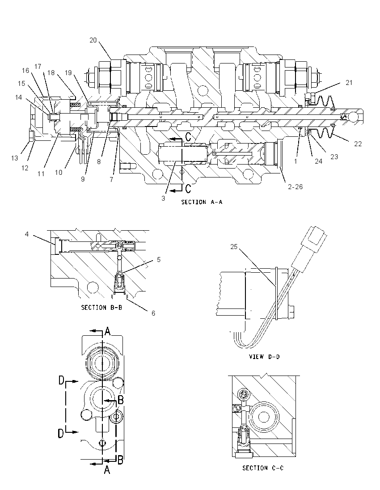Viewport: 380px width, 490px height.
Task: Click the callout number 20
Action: coord(93,40)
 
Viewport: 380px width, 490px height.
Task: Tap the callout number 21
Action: coord(349,83)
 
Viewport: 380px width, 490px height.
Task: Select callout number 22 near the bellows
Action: coord(358,144)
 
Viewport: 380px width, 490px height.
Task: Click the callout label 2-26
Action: coord(296,187)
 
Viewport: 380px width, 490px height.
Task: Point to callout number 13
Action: coord(15,158)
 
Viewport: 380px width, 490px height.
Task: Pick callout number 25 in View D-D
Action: coord(234,247)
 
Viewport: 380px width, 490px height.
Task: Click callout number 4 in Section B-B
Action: coord(27,234)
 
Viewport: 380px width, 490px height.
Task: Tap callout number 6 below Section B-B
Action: coord(153,313)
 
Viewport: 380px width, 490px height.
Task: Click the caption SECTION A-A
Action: coord(202,202)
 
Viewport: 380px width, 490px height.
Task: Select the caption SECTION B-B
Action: coord(101,308)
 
